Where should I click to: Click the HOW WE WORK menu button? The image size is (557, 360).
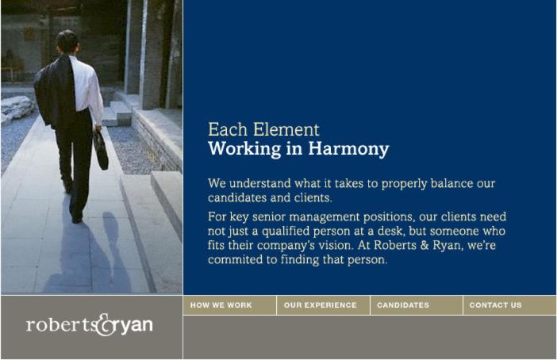coord(229,305)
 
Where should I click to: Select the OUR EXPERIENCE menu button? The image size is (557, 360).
coord(323,305)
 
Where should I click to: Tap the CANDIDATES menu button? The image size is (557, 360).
coord(417,305)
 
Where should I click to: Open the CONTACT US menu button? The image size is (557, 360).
coord(509,305)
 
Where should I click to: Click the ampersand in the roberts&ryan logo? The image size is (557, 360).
coord(106,325)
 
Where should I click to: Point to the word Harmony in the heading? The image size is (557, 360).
coord(348,149)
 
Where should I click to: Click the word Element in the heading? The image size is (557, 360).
coord(286,129)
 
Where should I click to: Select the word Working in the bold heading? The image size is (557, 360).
coord(244,149)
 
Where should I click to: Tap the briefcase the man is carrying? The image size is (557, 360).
coord(101,150)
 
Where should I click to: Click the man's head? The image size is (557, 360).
coord(67,41)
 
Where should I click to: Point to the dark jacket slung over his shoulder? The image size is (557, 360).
coord(55,92)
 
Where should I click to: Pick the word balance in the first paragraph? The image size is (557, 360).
coord(451,183)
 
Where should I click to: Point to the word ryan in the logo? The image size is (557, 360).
coord(136,326)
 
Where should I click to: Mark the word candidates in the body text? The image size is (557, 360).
coord(237,197)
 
